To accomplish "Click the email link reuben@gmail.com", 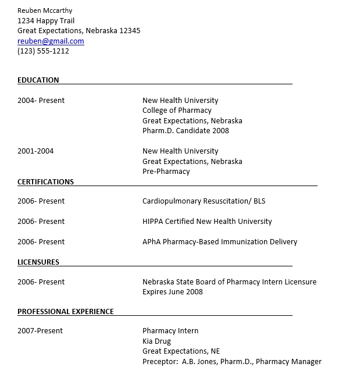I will click(51, 41).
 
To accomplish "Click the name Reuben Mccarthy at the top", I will click(45, 10).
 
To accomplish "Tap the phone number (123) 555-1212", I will click(43, 51).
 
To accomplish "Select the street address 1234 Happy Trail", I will click(46, 21).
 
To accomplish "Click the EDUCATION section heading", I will click(38, 80).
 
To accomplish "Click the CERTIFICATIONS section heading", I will click(45, 182).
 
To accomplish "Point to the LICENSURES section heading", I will click(38, 262).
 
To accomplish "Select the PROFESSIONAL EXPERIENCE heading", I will click(66, 312).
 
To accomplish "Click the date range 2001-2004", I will click(35, 151).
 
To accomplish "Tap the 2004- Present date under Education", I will click(41, 101).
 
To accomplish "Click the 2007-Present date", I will click(40, 331).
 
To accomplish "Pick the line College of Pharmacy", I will click(177, 111).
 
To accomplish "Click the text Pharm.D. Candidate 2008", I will click(186, 131).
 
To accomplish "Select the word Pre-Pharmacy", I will click(166, 172).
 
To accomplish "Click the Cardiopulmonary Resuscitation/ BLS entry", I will click(204, 201).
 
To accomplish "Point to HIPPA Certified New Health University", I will click(207, 222).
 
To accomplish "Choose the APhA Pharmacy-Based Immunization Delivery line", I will click(220, 242).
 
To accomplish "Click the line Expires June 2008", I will click(173, 292).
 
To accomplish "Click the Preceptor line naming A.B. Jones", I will click(231, 362).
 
